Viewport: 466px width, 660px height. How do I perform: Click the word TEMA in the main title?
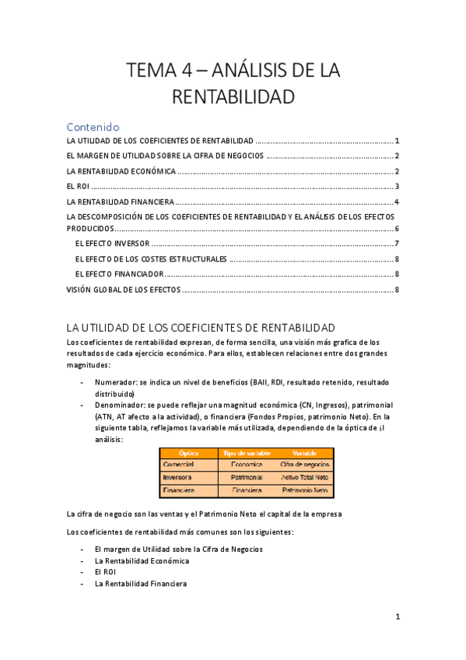(152, 71)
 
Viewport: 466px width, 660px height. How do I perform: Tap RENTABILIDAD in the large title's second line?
(233, 97)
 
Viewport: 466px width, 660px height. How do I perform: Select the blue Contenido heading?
(93, 127)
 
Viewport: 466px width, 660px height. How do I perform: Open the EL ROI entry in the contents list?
(78, 186)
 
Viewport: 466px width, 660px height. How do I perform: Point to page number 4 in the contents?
(397, 202)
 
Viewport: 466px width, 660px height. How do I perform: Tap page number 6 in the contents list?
(397, 229)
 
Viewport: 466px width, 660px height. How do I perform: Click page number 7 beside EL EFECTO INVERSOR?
(397, 244)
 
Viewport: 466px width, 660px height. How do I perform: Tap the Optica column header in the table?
(189, 453)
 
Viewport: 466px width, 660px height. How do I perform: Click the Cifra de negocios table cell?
(305, 465)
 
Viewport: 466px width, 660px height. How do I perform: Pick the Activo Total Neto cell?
(305, 477)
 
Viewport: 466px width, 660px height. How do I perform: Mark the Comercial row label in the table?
(180, 465)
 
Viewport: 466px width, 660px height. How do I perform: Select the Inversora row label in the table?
(180, 477)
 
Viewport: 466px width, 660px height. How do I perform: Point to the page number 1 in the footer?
(397, 617)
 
